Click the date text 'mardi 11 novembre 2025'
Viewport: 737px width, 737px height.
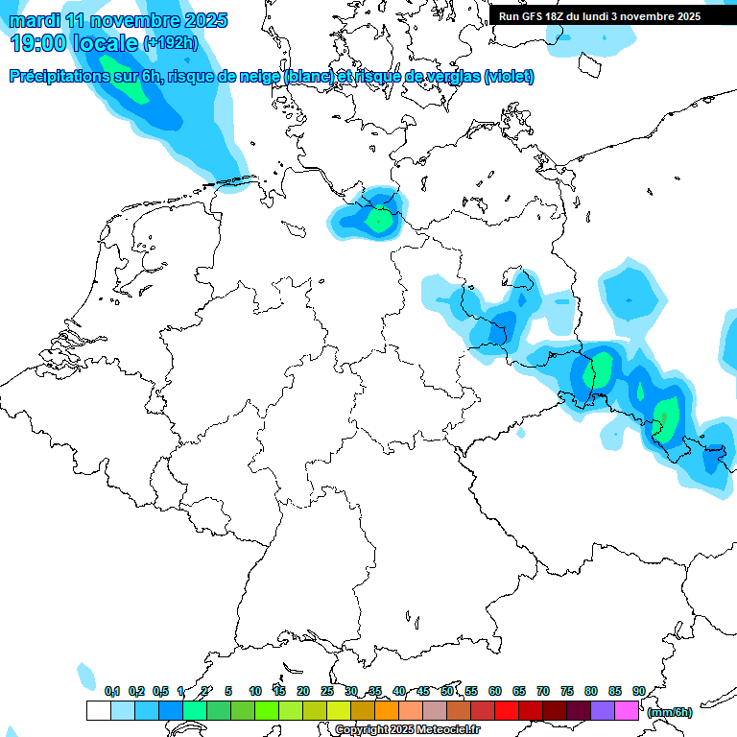tap(118, 20)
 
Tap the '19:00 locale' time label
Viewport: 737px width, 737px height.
tap(74, 43)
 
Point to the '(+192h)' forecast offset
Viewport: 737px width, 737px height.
tap(171, 43)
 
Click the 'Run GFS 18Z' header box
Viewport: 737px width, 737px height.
tap(600, 16)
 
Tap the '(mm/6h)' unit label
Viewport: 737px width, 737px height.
tap(670, 712)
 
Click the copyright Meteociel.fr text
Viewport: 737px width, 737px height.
tap(407, 730)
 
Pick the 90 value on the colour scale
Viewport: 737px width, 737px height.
tap(638, 691)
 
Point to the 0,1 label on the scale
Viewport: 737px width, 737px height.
tap(112, 691)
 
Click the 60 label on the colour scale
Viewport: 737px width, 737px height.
tap(495, 691)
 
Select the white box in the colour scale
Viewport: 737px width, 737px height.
tap(98, 710)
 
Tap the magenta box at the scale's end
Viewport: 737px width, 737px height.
tap(627, 710)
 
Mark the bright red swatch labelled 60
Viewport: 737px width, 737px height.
tap(507, 710)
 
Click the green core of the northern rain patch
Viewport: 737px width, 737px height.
tap(380, 220)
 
